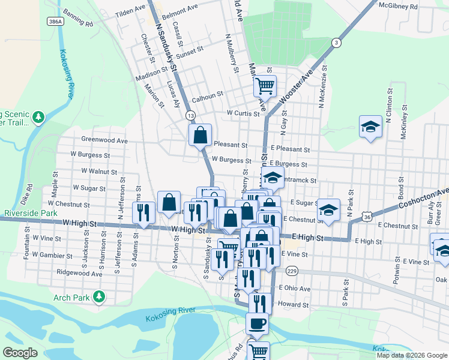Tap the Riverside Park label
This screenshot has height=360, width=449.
pos(30,213)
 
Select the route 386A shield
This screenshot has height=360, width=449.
pos(55,20)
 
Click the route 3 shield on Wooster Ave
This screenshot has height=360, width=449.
pos(336,42)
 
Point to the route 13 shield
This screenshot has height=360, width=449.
pos(190,115)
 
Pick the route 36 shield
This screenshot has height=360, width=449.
pos(366,215)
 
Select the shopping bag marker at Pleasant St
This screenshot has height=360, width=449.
pos(200,135)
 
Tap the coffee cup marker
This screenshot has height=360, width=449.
pos(258,324)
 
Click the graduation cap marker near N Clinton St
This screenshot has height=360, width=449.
pos(370,127)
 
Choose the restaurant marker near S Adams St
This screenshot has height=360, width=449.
pos(143,212)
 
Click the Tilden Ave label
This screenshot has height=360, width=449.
pos(130,11)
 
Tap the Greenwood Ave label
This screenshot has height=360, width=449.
pos(104,140)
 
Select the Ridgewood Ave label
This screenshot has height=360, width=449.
pos(79,273)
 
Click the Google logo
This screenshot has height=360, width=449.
pos(20,353)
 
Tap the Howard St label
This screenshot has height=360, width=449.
pos(293,305)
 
